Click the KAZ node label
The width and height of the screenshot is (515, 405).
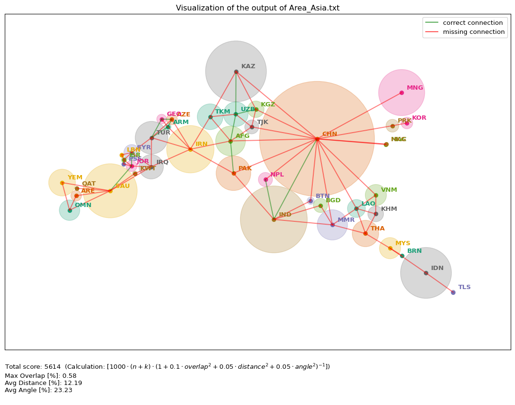248,67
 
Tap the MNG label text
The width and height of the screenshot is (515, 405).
415,88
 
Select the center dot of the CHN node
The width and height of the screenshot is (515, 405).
317,139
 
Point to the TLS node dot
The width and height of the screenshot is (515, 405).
453,292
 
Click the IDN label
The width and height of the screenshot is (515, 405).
437,268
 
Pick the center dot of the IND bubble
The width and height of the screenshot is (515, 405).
274,219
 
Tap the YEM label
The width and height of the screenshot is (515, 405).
75,177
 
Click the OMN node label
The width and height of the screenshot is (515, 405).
83,205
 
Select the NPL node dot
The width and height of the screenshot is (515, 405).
266,179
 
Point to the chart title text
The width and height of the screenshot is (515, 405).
257,8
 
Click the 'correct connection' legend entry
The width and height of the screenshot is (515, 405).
473,23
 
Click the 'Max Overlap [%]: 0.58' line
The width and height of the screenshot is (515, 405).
41,376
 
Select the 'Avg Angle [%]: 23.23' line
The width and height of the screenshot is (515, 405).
39,390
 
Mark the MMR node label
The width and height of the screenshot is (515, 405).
346,220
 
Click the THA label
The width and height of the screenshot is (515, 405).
378,228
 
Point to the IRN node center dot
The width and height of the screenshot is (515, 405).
190,149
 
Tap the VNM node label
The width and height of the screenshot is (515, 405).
389,190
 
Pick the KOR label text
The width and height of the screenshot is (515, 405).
419,118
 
